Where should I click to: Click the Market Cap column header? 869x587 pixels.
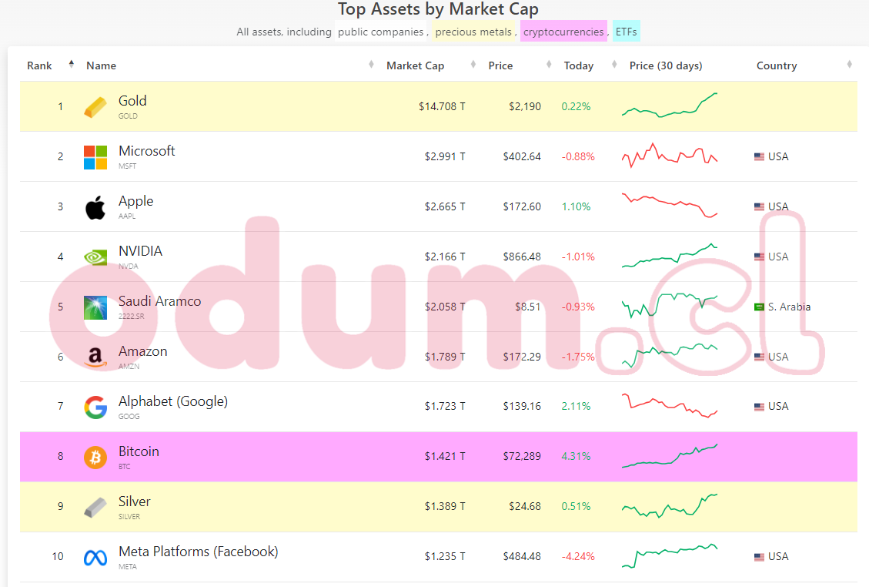click(x=415, y=65)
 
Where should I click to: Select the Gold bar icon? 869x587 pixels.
click(x=95, y=107)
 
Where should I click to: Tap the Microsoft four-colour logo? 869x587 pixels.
click(x=95, y=157)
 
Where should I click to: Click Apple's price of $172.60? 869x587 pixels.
click(x=522, y=206)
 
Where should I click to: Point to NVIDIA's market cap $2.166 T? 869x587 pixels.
click(x=445, y=257)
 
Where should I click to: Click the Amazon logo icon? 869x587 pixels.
click(x=95, y=357)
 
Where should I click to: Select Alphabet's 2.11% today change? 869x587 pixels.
click(x=577, y=406)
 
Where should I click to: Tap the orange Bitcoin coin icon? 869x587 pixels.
click(x=95, y=457)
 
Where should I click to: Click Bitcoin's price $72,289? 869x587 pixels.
click(x=521, y=456)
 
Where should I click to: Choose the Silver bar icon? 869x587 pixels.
click(x=95, y=507)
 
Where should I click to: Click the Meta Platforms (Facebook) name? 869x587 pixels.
click(x=198, y=552)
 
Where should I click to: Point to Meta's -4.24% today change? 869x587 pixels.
click(x=577, y=556)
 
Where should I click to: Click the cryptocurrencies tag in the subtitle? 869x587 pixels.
click(x=563, y=32)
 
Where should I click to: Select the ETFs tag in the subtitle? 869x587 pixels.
click(x=627, y=32)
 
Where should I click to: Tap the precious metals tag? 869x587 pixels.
click(x=473, y=32)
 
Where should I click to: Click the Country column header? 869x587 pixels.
click(x=776, y=65)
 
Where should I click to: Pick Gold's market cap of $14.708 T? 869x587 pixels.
click(x=442, y=106)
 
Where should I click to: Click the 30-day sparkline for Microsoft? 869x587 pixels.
click(x=669, y=156)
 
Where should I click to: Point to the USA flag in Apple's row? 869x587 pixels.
click(x=759, y=206)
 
